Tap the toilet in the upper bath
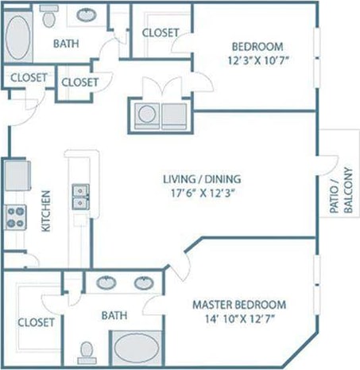point(49,15)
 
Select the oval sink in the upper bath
point(84,14)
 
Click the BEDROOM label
point(254,45)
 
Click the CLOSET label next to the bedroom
point(161,33)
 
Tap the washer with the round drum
point(146,115)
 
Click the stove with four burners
point(17,217)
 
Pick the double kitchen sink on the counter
point(79,197)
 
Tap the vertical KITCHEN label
point(46,212)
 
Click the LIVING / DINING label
point(203,178)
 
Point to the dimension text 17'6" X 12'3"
point(203,193)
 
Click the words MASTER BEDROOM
point(239,305)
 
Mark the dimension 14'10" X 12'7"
point(239,320)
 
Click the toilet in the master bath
point(89,350)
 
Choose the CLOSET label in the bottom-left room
point(36,322)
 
